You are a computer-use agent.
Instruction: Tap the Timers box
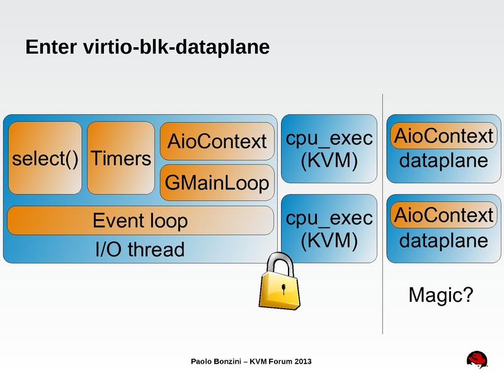tap(121, 158)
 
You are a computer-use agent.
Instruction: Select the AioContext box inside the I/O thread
tap(217, 141)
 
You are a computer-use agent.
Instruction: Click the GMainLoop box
tap(217, 183)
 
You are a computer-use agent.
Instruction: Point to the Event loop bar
tap(140, 220)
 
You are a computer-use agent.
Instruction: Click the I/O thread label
tap(140, 250)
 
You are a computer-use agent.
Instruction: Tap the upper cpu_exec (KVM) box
tap(329, 149)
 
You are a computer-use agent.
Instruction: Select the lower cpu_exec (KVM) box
tap(329, 228)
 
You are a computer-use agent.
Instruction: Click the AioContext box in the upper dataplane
tap(443, 135)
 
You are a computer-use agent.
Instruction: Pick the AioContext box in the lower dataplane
tap(443, 215)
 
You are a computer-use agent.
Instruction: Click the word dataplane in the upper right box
tap(444, 161)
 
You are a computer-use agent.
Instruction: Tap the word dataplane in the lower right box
tap(444, 241)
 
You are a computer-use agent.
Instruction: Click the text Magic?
tap(440, 294)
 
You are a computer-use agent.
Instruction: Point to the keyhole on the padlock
tap(285, 290)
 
